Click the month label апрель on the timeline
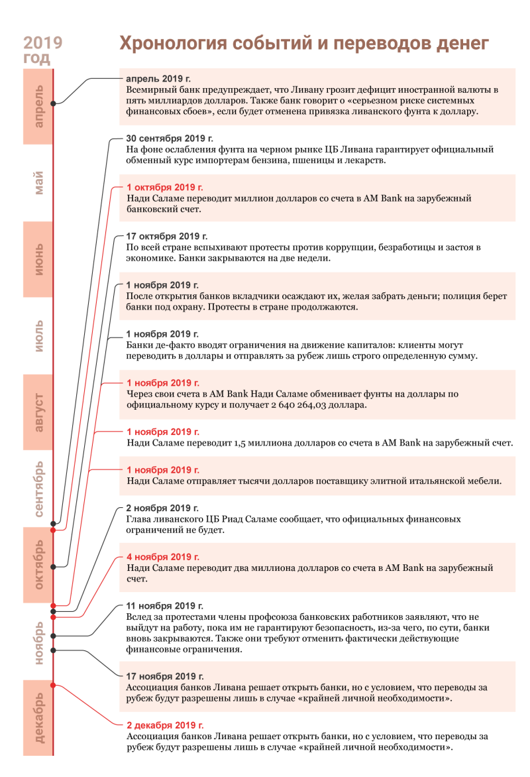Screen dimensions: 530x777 (38, 107)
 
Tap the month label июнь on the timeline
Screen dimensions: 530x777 (38, 259)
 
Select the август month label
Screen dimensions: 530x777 (38, 412)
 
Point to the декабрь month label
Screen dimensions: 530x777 (38, 717)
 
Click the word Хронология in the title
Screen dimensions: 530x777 (174, 44)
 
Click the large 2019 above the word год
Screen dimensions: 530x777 (42, 42)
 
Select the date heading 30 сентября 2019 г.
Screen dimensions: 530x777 (170, 139)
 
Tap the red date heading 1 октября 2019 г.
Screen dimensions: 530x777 (165, 188)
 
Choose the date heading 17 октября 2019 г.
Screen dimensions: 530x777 (167, 237)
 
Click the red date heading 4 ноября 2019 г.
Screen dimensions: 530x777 (163, 557)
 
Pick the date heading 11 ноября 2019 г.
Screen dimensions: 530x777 (164, 606)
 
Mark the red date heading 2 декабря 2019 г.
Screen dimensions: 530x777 (165, 725)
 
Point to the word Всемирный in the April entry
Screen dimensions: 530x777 (150, 90)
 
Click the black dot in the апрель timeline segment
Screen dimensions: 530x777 (54, 103)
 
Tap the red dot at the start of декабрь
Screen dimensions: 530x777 (54, 686)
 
